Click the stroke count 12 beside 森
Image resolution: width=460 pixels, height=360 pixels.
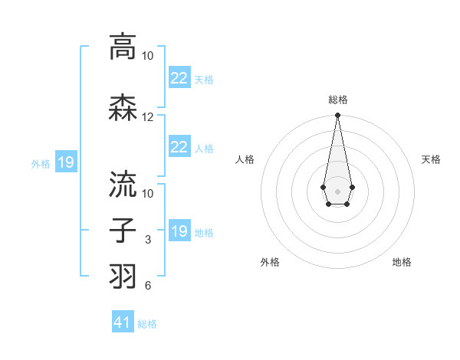148,117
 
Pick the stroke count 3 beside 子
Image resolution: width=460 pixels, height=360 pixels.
148,241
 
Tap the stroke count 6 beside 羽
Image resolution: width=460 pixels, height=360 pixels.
148,286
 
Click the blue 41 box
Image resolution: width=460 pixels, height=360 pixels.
123,323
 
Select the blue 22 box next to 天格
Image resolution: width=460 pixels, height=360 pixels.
179,78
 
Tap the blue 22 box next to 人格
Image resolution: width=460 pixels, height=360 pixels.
179,147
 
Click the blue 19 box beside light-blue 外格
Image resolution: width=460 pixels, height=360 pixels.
65,162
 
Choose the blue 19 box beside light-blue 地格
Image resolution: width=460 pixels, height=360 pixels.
179,231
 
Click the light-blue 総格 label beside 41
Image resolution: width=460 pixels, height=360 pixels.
147,324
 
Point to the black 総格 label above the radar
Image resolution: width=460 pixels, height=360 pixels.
337,100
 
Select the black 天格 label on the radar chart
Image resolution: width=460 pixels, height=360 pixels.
432,159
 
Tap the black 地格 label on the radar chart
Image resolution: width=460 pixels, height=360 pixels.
402,262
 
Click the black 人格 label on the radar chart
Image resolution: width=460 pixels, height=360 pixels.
245,159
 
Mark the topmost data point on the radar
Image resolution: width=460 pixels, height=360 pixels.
337,116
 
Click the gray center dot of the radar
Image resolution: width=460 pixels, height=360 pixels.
337,190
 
